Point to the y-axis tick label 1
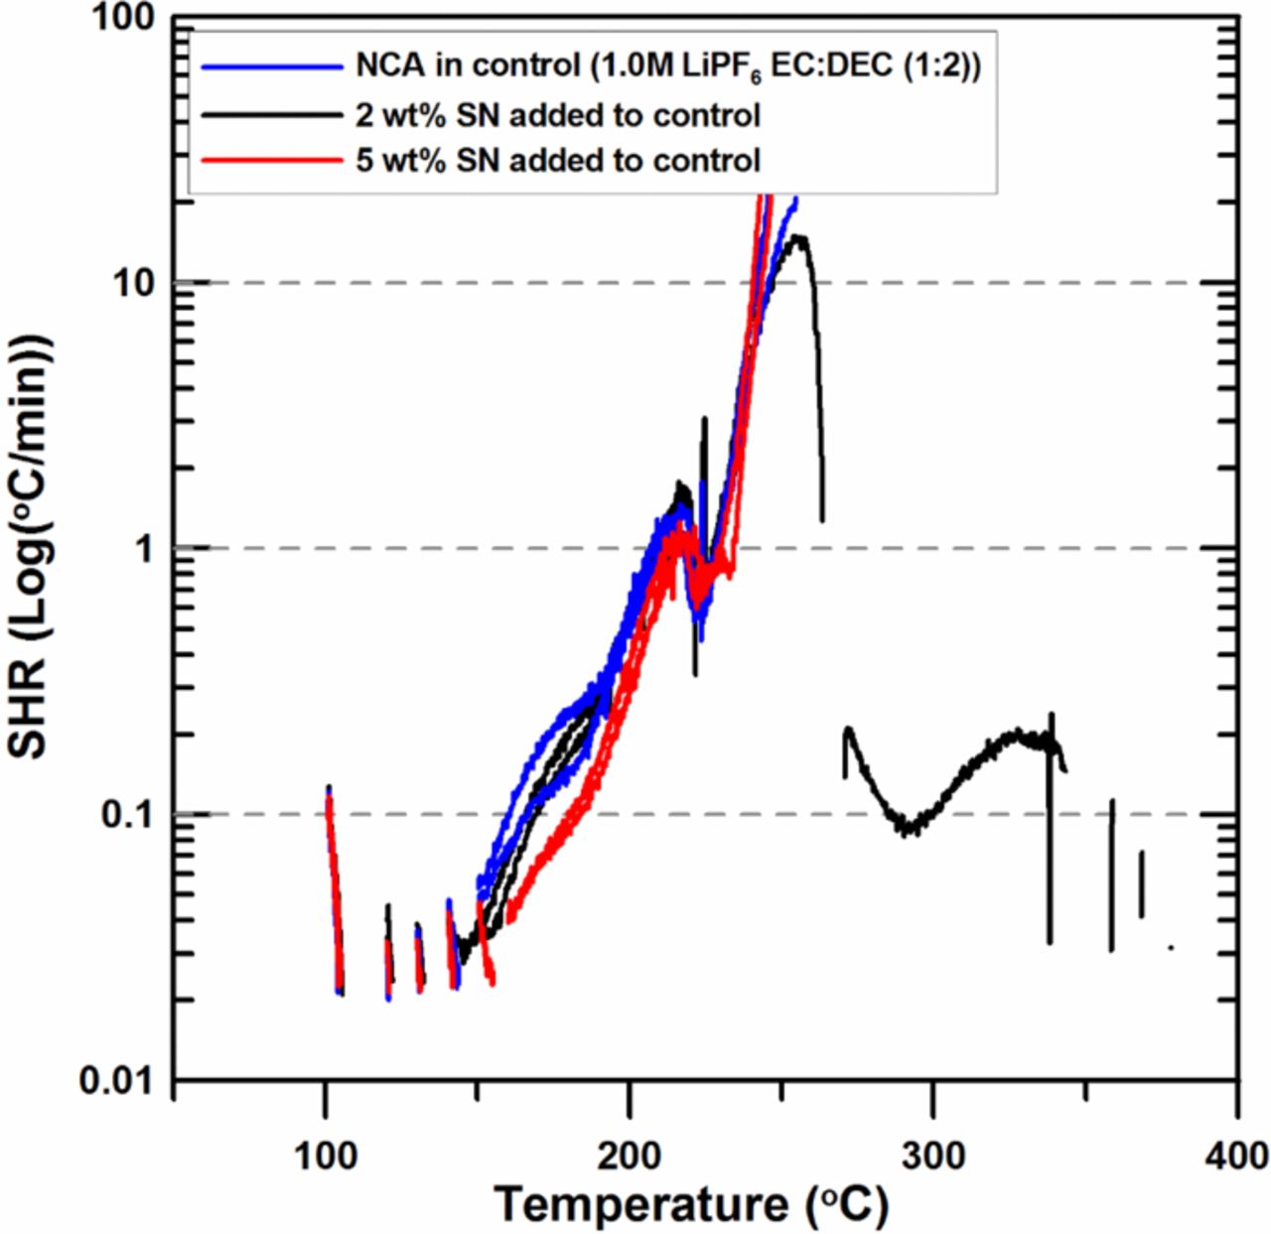[145, 548]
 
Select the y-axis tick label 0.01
[117, 1079]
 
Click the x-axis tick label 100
[326, 1156]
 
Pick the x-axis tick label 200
[630, 1156]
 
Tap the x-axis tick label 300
[933, 1156]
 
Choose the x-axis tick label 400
[1235, 1156]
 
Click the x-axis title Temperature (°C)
[691, 1204]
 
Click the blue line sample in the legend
[270, 67]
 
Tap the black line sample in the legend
[270, 115]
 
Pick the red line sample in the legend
[270, 160]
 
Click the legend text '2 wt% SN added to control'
[558, 115]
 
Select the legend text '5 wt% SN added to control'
[558, 160]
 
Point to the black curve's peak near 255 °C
[798, 236]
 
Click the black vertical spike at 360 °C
[1112, 874]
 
